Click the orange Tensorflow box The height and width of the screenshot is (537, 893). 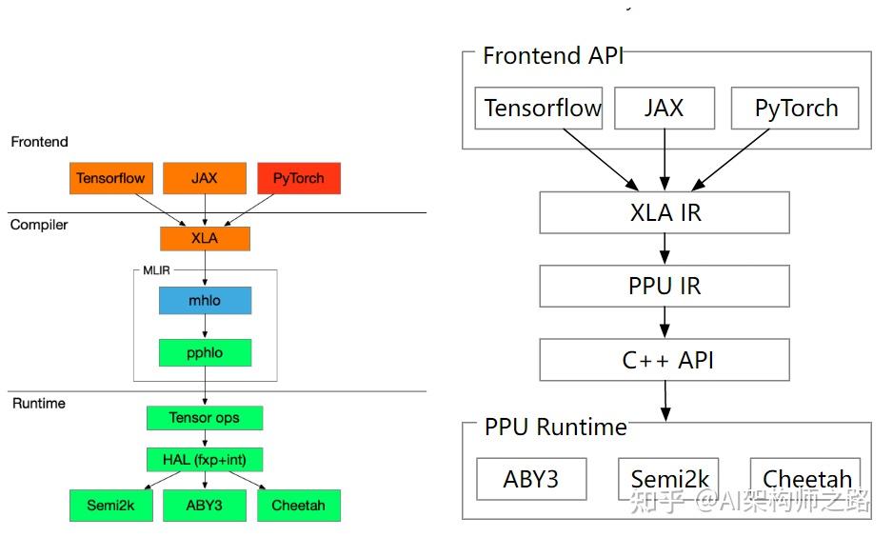pos(110,178)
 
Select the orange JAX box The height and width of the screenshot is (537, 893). pos(204,178)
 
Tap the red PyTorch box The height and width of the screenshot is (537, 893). pos(298,178)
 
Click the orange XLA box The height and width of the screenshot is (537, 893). pos(205,238)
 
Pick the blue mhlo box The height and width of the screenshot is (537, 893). pos(205,301)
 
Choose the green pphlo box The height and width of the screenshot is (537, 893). pos(205,352)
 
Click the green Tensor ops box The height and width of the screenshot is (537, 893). pos(204,418)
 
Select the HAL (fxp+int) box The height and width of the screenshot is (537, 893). pos(204,460)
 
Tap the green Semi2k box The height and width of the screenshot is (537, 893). pos(110,506)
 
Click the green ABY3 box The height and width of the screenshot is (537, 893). pos(204,506)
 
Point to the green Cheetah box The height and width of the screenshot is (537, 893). pos(298,506)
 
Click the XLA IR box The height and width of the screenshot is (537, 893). pos(665,212)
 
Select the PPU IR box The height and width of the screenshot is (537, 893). pos(665,286)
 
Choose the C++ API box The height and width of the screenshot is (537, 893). pos(665,360)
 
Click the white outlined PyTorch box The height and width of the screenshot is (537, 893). pos(795,109)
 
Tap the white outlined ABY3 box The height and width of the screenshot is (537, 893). pos(531,479)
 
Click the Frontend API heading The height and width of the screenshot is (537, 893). pos(553,55)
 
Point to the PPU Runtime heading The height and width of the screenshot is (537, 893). pos(555,426)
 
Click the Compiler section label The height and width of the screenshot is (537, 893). pos(39,225)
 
